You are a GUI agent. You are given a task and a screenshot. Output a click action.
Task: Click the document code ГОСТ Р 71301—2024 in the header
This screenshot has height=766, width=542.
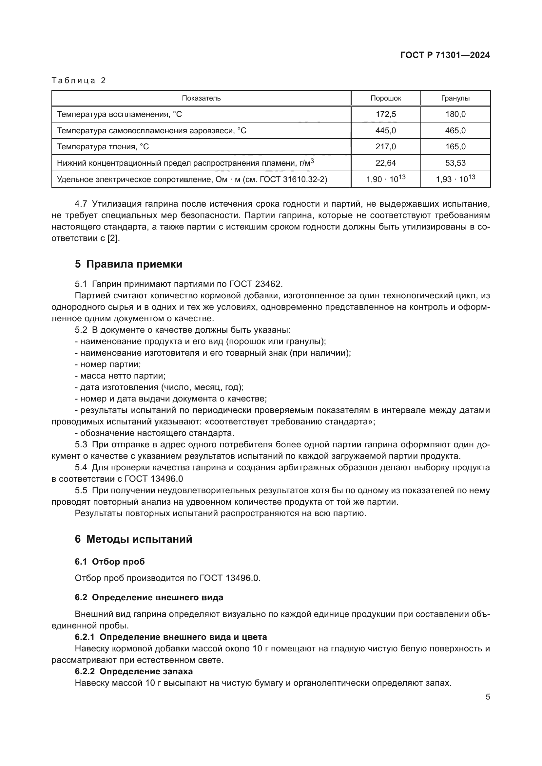445,55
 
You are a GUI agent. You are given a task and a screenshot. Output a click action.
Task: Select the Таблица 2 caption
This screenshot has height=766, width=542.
79,81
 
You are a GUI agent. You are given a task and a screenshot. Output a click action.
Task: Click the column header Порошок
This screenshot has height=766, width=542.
385,98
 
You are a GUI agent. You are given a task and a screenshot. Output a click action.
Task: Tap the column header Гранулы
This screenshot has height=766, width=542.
455,98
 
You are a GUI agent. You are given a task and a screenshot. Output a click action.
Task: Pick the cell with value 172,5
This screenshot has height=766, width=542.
385,114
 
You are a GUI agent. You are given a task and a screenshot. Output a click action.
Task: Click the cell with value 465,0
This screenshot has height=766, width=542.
455,130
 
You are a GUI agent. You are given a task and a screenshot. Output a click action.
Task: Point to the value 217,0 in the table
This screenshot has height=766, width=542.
385,146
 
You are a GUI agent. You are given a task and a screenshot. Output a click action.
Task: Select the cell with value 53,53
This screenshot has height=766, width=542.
455,163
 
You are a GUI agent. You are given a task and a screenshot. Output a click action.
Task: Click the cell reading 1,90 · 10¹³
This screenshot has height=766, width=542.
385,179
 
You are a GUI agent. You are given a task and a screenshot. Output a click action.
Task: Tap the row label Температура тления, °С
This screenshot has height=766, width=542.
103,146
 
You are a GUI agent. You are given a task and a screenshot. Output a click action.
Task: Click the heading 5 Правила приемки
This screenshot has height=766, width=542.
128,264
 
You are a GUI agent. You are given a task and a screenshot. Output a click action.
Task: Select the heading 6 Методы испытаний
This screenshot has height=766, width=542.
133,539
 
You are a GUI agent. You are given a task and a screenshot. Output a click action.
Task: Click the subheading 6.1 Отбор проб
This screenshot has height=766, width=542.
110,562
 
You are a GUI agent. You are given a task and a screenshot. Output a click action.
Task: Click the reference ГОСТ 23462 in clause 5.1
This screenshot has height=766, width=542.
256,284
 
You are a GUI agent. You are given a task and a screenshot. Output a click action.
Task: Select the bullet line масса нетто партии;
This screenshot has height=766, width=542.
120,376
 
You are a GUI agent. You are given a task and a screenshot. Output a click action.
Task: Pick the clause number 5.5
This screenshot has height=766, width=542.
81,491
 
